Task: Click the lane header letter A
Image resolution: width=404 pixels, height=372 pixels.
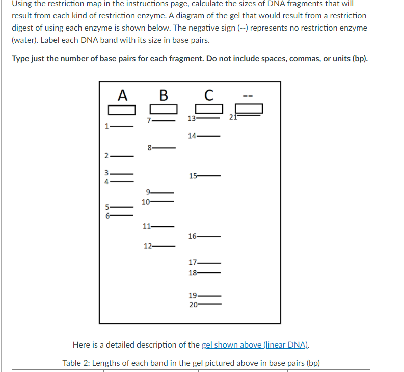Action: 122,95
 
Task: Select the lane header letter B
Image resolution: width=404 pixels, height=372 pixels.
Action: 163,95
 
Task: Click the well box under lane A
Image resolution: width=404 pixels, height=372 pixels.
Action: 122,110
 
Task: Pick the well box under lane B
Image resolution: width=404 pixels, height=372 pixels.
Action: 163,110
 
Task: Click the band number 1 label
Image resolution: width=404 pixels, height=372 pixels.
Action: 106,126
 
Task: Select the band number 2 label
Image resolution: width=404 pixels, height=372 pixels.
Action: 106,155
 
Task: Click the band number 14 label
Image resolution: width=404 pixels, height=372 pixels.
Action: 192,136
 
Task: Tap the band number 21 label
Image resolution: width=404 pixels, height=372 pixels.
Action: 232,118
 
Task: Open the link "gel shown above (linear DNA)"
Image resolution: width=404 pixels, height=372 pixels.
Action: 255,345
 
